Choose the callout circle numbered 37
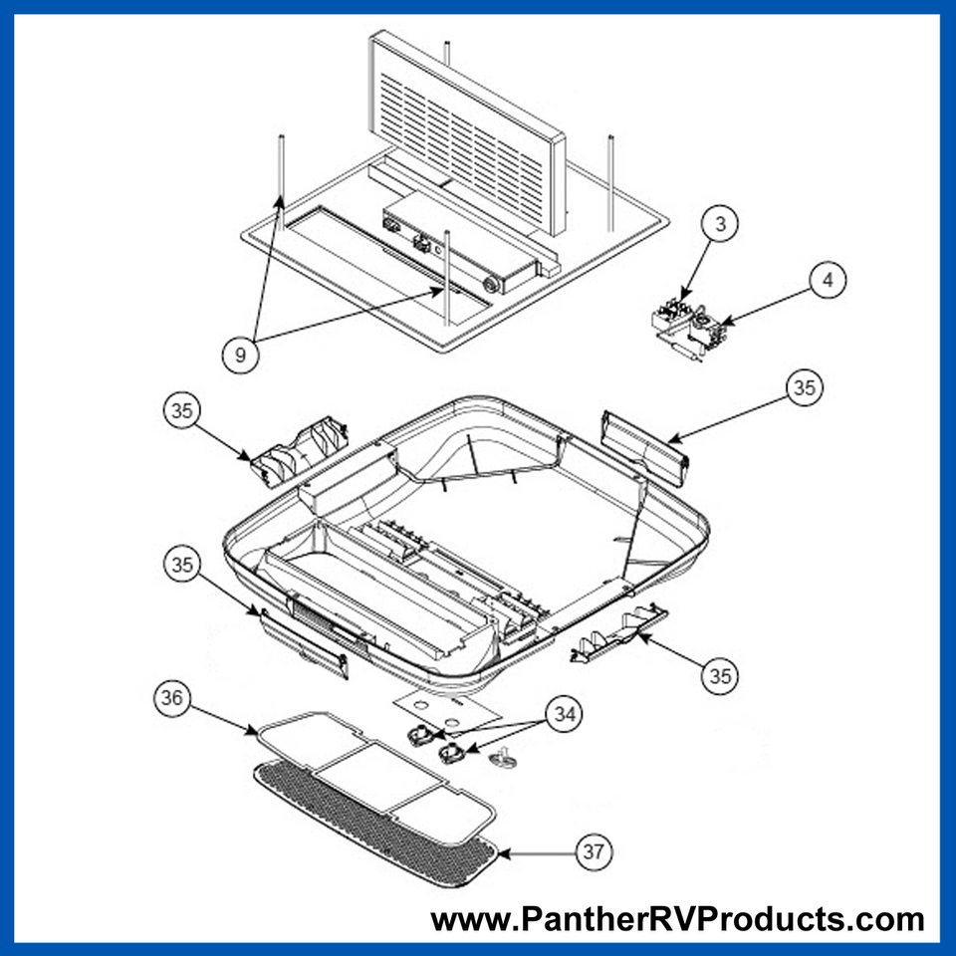tap(595, 851)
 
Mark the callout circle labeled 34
tap(565, 713)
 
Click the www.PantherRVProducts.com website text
tap(677, 918)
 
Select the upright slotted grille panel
tap(466, 129)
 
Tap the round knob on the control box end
tap(489, 283)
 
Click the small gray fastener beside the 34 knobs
tap(503, 760)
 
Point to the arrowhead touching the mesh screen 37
tap(502, 852)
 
